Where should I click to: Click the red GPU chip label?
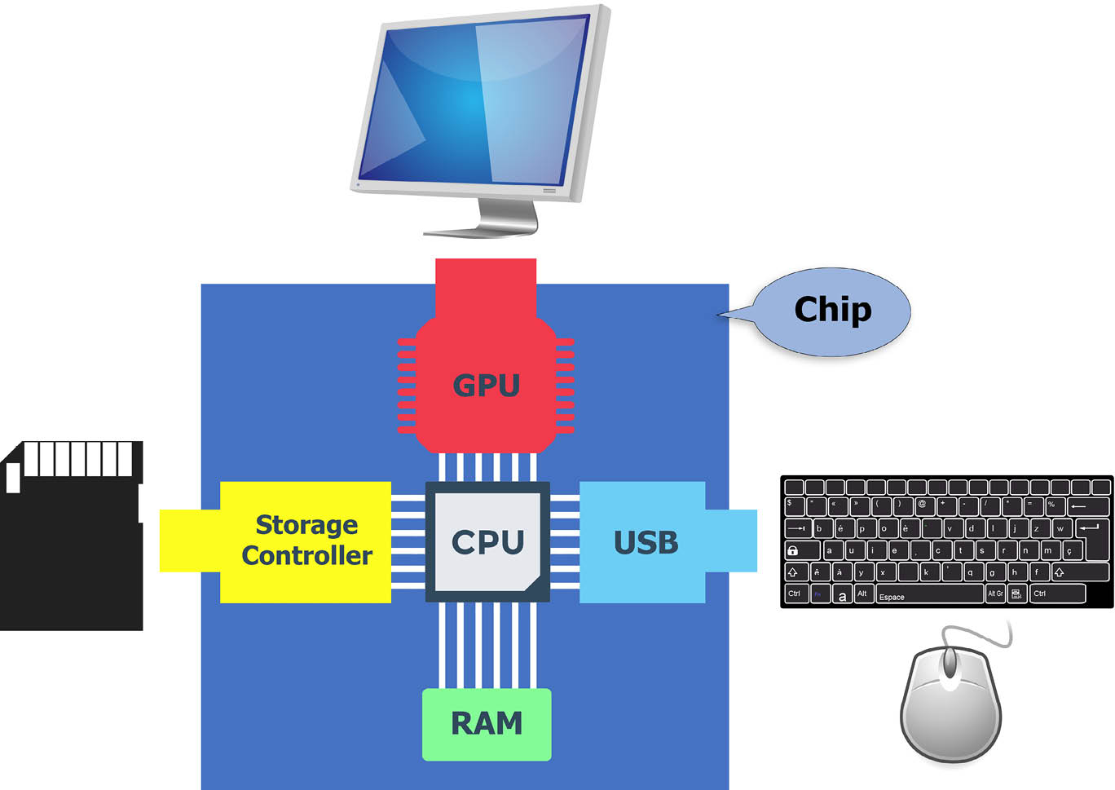486,385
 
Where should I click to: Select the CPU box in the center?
487,541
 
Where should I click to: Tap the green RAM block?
487,724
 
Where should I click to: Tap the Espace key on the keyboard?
929,595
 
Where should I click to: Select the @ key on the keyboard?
923,505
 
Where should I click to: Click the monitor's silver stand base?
481,232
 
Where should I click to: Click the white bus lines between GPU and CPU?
487,466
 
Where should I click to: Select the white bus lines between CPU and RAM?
487,645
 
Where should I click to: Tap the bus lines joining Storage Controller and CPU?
408,541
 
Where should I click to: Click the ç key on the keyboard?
1070,550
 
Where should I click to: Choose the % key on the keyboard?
1052,505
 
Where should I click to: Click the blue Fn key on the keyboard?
818,595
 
